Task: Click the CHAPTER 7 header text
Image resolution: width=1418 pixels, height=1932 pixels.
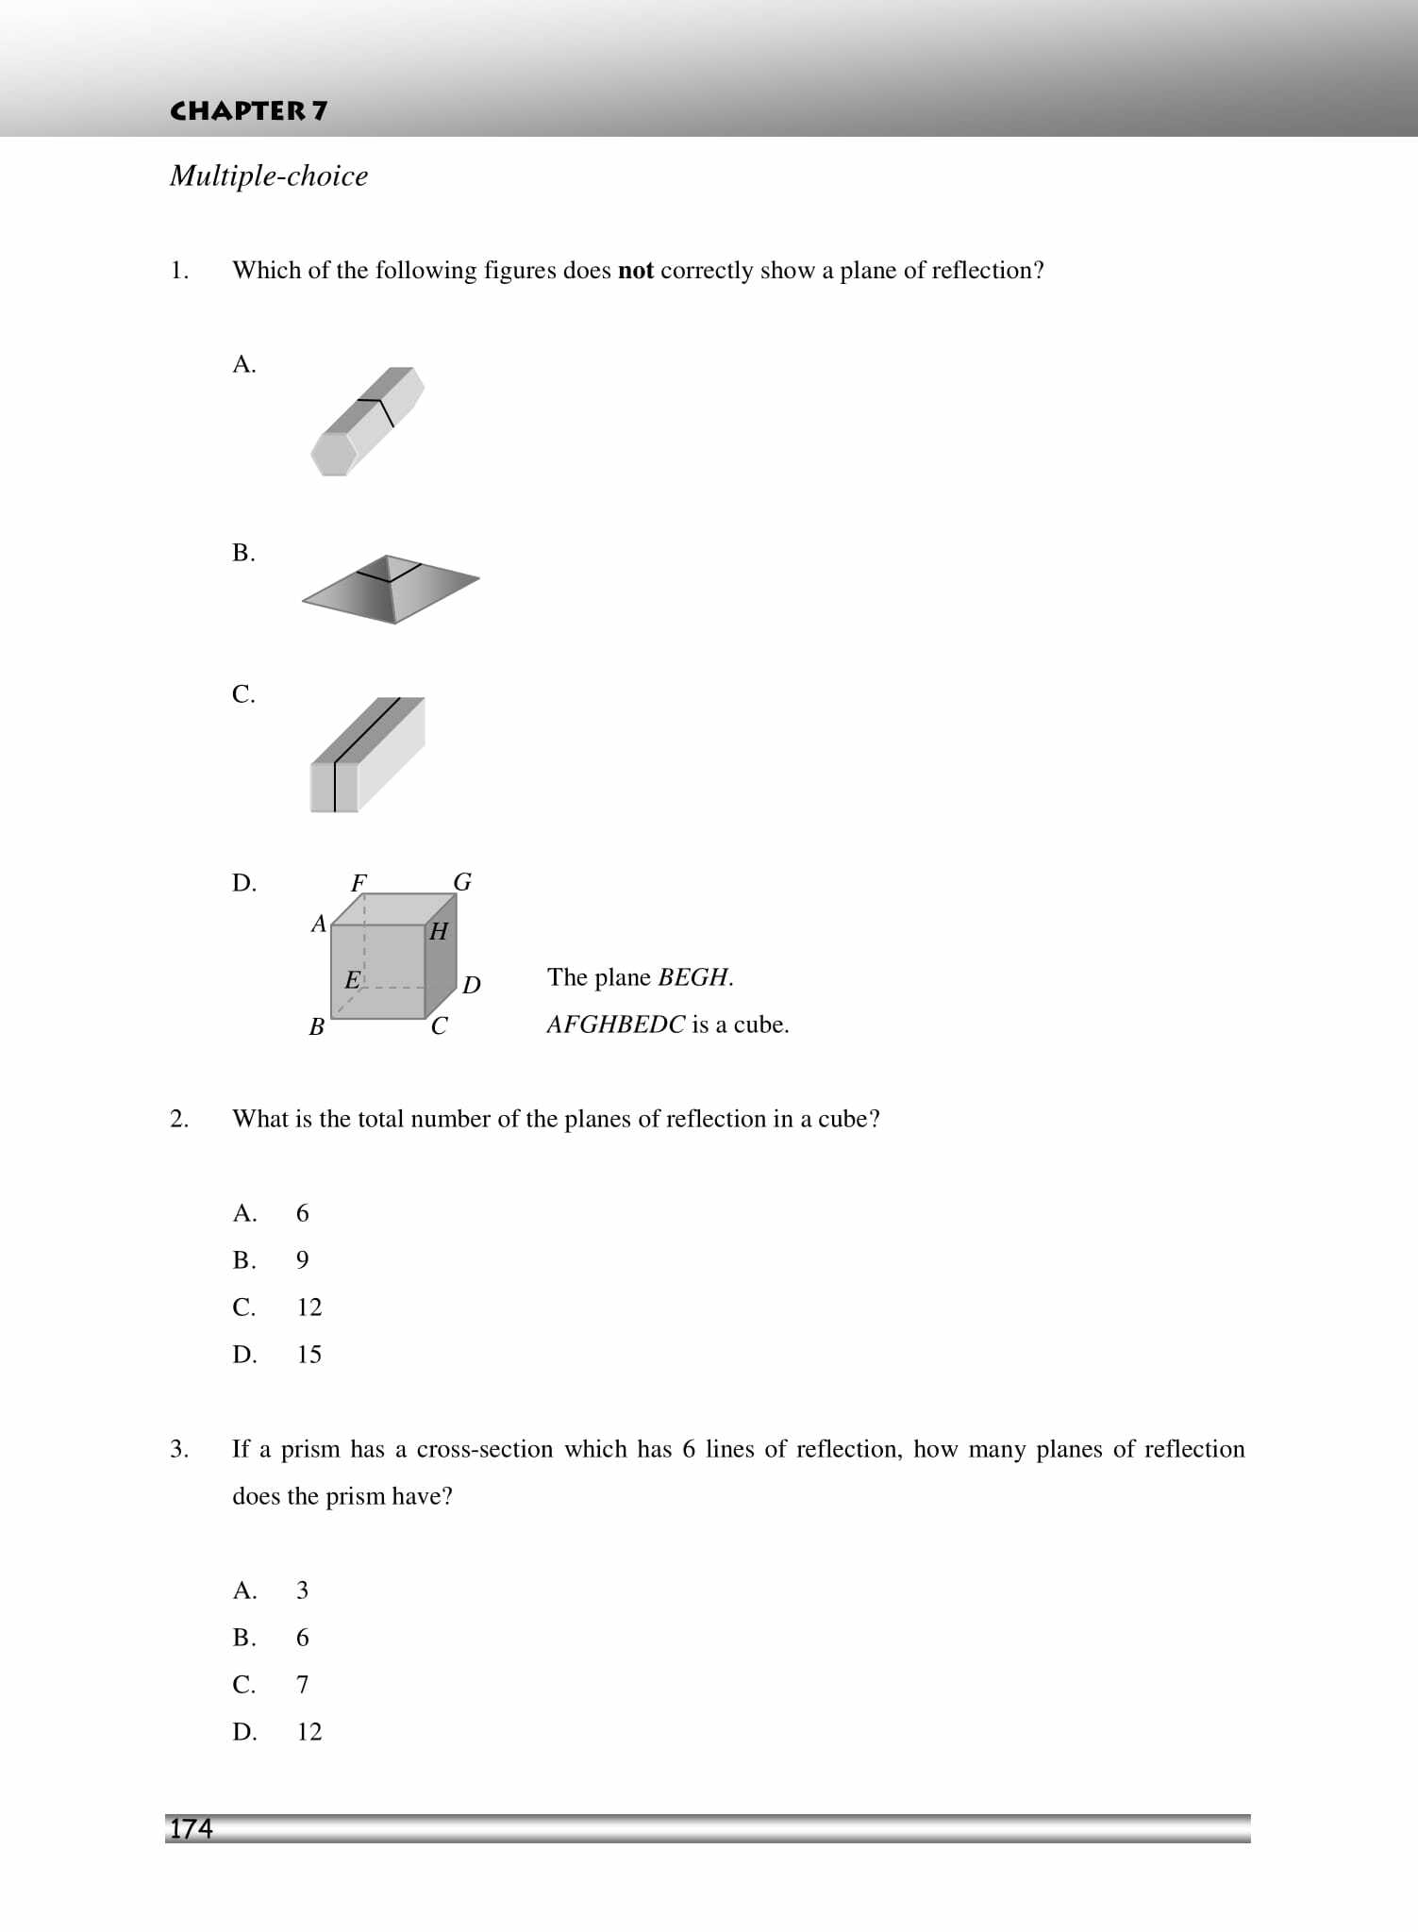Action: (248, 111)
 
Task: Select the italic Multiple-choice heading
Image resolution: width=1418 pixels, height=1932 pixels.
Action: (269, 175)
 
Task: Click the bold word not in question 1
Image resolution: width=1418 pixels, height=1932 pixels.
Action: (635, 271)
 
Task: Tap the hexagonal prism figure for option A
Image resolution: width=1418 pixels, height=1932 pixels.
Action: (367, 421)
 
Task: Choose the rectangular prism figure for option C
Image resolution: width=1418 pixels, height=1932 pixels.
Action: (367, 754)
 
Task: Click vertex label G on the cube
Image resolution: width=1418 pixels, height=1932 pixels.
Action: (462, 882)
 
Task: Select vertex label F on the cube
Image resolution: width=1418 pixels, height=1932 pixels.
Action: (359, 883)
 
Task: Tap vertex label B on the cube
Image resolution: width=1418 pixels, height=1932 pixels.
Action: (317, 1026)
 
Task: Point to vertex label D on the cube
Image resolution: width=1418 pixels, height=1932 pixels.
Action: (472, 985)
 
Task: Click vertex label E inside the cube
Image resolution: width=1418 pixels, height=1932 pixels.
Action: (352, 980)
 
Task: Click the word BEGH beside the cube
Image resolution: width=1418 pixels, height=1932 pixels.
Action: (692, 977)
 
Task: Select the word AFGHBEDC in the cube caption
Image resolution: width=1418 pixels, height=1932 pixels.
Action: (615, 1024)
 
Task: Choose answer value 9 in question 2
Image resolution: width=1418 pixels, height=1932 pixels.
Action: (302, 1260)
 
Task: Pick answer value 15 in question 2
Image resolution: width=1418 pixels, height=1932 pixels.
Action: (309, 1355)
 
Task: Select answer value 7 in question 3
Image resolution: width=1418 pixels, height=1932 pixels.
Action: (302, 1685)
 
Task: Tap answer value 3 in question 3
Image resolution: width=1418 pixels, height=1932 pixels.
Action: (302, 1591)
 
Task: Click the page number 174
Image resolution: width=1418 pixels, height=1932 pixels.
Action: (192, 1828)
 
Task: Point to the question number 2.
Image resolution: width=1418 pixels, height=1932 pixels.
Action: (179, 1119)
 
